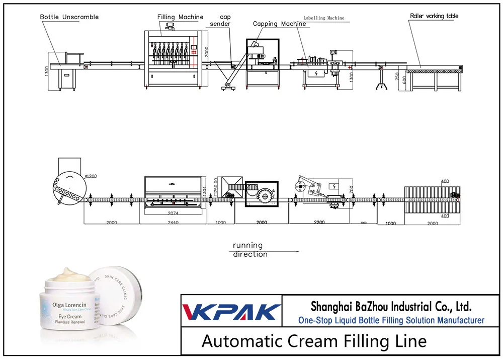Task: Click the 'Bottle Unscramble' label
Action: click(69, 17)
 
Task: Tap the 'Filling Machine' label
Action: click(180, 17)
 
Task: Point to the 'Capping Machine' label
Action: click(279, 24)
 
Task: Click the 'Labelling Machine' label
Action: click(324, 18)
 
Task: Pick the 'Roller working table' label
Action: click(434, 16)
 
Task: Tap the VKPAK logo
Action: click(231, 311)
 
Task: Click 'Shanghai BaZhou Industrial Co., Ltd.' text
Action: click(391, 306)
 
